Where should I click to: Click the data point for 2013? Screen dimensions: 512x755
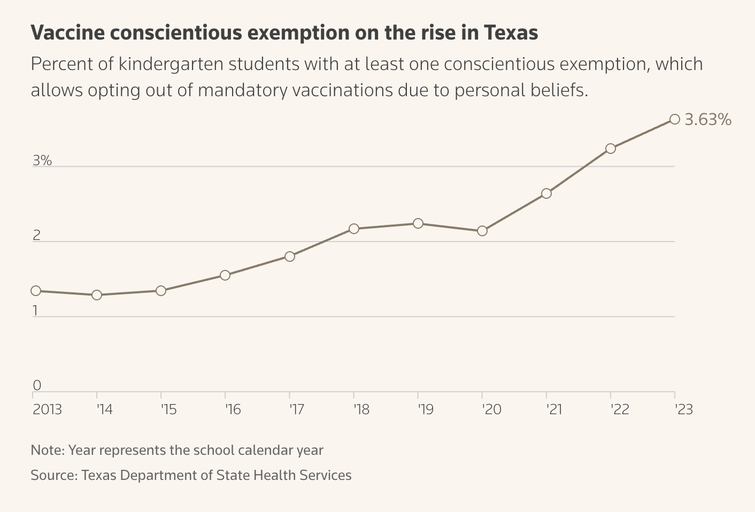(36, 291)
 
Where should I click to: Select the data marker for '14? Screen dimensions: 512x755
(97, 295)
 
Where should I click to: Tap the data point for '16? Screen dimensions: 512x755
(225, 275)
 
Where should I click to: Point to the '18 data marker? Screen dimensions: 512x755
(354, 229)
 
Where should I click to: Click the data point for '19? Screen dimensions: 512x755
(418, 223)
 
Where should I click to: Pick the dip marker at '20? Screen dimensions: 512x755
(482, 231)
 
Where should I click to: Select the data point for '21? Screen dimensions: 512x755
(546, 193)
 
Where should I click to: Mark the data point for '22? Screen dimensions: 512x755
(611, 149)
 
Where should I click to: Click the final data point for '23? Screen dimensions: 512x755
(675, 119)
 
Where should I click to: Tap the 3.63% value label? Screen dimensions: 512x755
(708, 120)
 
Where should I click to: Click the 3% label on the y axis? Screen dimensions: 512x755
(42, 160)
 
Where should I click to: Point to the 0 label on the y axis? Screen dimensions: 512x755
(37, 385)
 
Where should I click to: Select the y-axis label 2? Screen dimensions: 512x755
(37, 236)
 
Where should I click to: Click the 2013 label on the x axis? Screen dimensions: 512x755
(47, 410)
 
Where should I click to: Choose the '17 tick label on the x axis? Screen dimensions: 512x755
(297, 410)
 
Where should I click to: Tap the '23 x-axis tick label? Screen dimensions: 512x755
(684, 410)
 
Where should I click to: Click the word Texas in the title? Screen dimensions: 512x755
(511, 33)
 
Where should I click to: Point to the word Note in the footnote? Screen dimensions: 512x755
(47, 450)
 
